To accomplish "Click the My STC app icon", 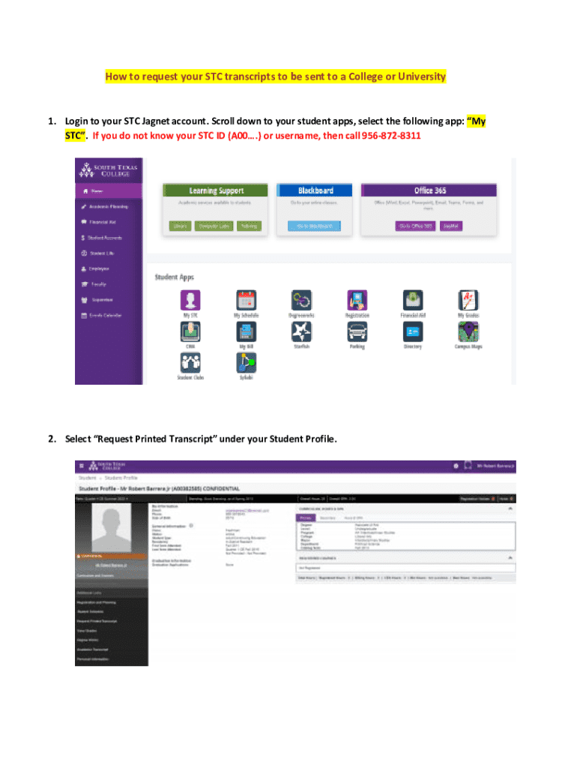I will (190, 301).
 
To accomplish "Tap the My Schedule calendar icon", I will (246, 301).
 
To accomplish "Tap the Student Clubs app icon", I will (190, 363).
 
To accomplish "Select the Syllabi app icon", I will (246, 363).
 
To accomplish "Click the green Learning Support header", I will (213, 190).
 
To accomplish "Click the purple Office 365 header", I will (429, 190).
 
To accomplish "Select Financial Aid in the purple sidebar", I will (102, 222).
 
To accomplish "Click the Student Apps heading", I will (174, 277).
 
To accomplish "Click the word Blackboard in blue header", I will (315, 190).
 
